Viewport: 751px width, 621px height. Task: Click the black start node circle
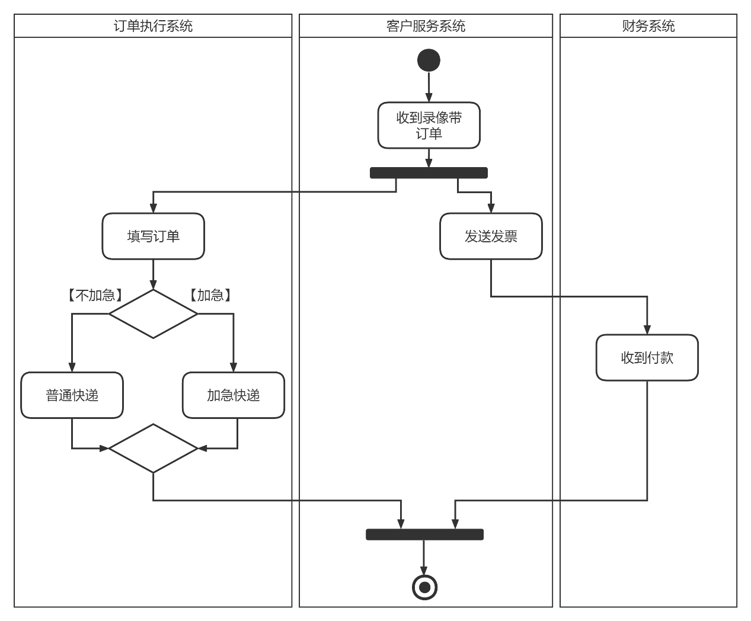tap(429, 60)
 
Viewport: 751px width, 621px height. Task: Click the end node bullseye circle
tap(424, 587)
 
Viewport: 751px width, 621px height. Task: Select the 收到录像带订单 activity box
tap(429, 126)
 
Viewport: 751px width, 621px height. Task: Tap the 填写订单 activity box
tap(153, 236)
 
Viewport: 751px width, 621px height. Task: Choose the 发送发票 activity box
tap(491, 236)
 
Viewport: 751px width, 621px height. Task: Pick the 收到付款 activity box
tap(647, 358)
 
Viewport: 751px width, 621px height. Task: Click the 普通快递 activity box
tap(72, 395)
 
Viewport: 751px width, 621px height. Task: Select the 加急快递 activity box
tap(234, 395)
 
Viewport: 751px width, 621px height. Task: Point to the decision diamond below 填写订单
tap(153, 314)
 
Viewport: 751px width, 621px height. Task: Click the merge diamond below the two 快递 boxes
tap(153, 449)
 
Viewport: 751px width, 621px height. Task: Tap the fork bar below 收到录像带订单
tap(429, 173)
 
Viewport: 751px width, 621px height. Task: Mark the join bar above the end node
tap(424, 534)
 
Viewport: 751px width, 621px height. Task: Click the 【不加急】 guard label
tap(95, 295)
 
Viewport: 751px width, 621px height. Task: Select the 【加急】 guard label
tap(210, 295)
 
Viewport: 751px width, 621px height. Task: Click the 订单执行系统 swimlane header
tap(153, 26)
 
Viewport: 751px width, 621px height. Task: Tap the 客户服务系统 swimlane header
tap(426, 26)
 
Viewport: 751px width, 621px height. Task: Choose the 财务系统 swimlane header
tap(648, 26)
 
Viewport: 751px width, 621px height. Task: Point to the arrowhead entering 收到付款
tap(647, 329)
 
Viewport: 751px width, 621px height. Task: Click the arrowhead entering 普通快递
tap(72, 367)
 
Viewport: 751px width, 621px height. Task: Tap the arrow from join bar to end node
tap(424, 557)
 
